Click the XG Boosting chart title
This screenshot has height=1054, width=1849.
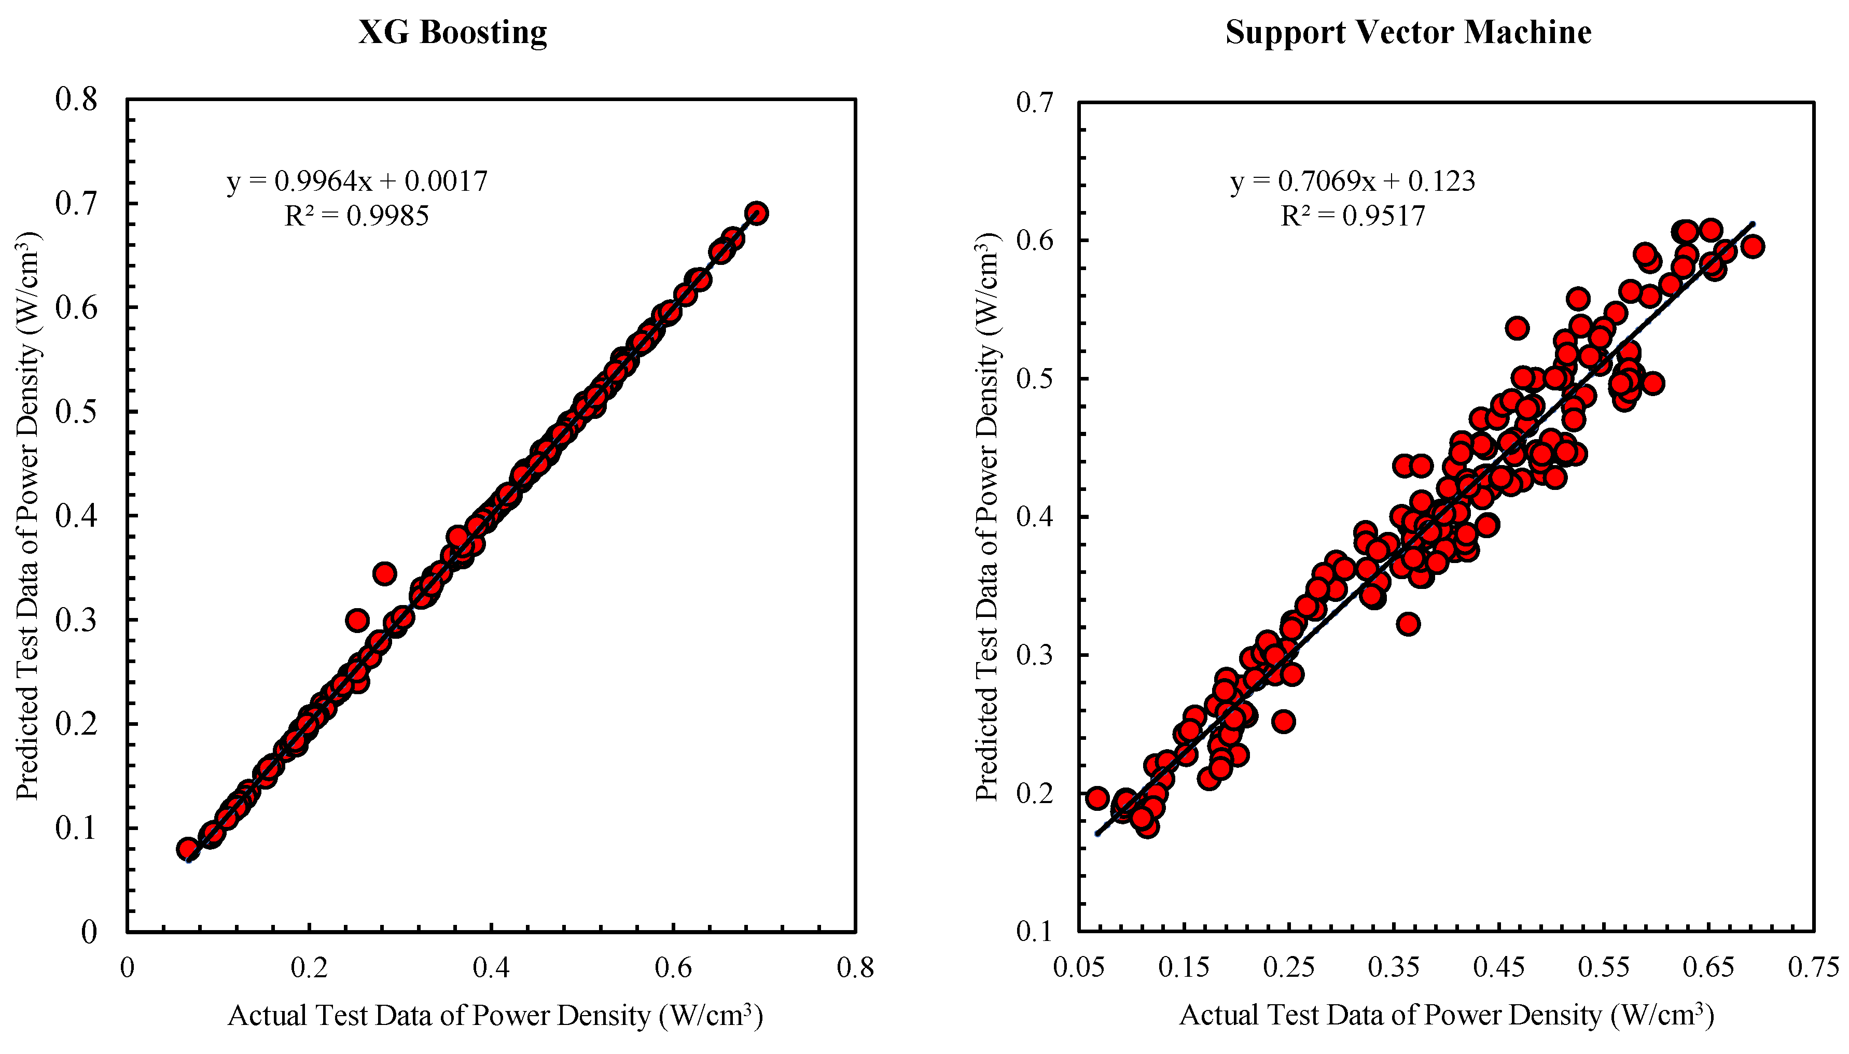point(452,33)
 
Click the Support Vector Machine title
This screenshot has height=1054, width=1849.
point(1408,33)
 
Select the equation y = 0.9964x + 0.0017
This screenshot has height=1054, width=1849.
point(357,181)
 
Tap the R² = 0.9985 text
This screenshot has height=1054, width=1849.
point(356,216)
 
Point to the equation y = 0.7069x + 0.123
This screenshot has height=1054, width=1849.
point(1352,181)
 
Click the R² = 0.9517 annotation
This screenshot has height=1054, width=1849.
point(1352,216)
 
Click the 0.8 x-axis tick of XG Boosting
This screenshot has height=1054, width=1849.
point(855,968)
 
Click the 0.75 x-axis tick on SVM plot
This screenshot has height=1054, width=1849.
point(1813,968)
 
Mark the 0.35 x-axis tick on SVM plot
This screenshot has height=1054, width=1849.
point(1394,968)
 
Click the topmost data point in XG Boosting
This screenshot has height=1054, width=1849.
point(757,213)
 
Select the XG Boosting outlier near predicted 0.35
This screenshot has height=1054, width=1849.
point(384,574)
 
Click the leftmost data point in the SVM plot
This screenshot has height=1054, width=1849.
point(1097,798)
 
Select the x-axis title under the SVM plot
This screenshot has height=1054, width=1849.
point(1446,1016)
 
